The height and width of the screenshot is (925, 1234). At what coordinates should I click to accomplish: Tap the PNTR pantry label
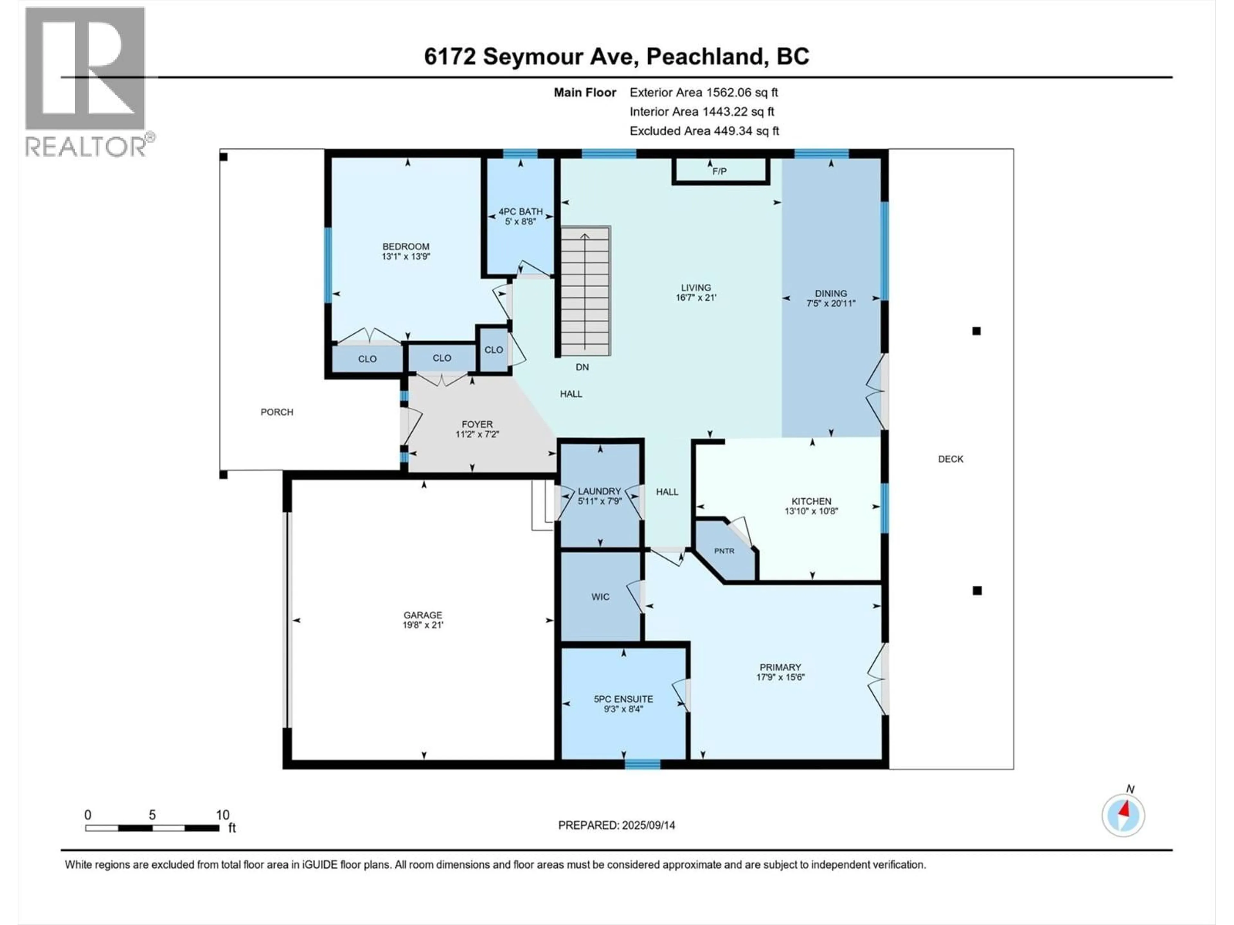click(x=724, y=551)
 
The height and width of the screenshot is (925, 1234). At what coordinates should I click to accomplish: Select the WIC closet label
click(x=600, y=597)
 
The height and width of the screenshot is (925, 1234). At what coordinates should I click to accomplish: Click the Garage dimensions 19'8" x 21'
click(x=423, y=625)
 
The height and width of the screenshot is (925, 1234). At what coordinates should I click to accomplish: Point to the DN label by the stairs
click(x=582, y=367)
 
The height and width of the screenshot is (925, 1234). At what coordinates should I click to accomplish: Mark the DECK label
click(x=951, y=459)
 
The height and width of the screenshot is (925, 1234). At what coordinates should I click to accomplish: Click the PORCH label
click(x=277, y=412)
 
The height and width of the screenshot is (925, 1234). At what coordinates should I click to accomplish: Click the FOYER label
click(x=477, y=424)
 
